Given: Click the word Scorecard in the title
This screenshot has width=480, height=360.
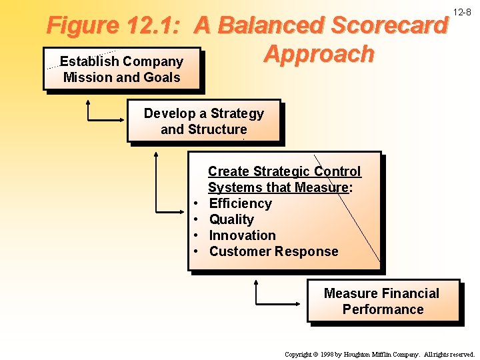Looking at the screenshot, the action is [x=389, y=26].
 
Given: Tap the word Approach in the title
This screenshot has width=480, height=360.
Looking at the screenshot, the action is [x=319, y=54].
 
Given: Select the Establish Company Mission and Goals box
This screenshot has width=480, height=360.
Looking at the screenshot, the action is [x=121, y=69].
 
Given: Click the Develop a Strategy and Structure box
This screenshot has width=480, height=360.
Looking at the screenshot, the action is [x=203, y=121].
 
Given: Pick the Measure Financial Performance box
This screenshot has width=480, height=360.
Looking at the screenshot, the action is [x=383, y=301].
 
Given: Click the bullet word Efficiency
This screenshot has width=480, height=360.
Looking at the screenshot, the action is [x=240, y=203].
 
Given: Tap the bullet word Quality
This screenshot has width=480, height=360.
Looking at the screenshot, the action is [x=231, y=219].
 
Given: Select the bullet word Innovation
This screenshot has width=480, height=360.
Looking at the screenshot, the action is [x=242, y=235].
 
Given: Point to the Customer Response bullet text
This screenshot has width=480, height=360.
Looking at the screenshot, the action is [x=273, y=251].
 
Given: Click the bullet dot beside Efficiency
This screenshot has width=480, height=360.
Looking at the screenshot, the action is [x=197, y=204].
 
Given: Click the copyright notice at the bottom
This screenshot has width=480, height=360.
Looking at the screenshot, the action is [x=379, y=354].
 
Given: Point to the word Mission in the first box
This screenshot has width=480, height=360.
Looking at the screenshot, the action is [x=87, y=77].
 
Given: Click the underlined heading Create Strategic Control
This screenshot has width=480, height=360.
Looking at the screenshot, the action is [x=284, y=171].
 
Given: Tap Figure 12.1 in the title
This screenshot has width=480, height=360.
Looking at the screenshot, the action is [x=113, y=26].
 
